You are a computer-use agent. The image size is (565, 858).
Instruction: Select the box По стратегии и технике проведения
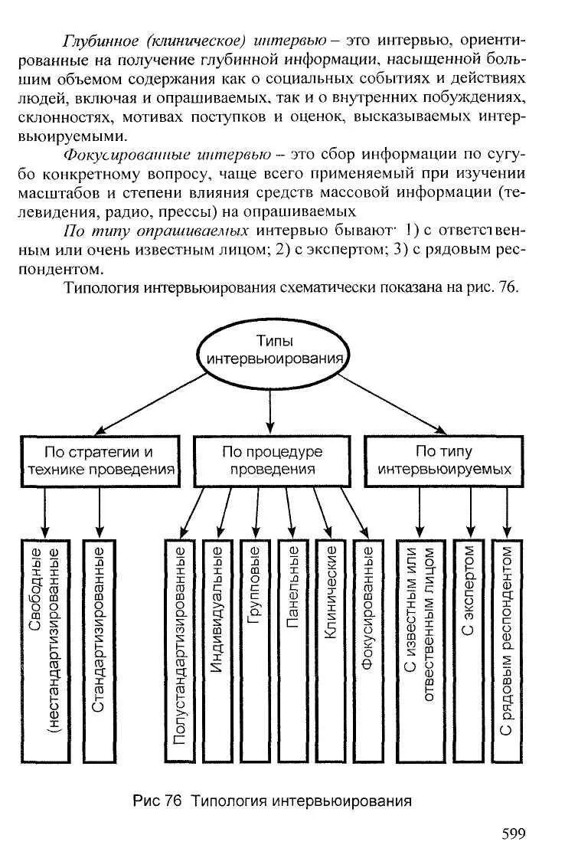pyautogui.click(x=99, y=460)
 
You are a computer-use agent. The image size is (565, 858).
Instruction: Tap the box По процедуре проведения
pyautogui.click(x=272, y=460)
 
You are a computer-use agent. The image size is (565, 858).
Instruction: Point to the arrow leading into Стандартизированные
pyautogui.click(x=100, y=511)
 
